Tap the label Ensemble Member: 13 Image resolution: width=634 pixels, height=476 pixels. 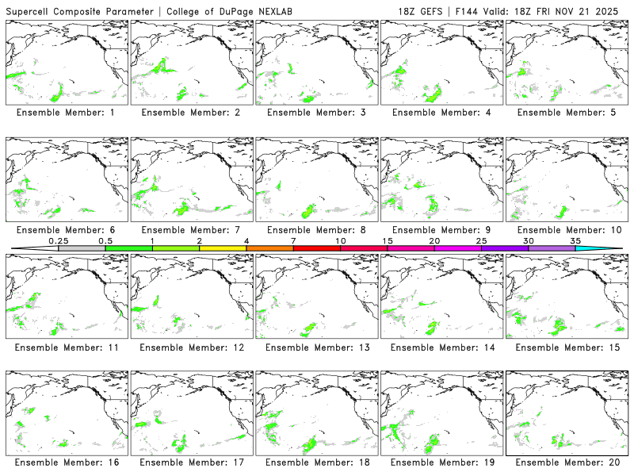[x=318, y=347]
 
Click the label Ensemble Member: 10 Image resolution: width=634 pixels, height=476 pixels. [x=567, y=230]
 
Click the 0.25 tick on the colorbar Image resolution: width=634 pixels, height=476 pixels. [x=59, y=248]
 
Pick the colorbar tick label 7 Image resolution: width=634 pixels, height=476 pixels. [x=293, y=240]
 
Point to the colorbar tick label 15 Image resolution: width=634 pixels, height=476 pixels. [x=387, y=240]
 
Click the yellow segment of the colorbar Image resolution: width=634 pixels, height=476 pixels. [x=223, y=248]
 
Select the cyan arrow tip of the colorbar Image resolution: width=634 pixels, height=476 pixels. [x=610, y=248]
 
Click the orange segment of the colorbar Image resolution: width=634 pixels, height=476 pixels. [x=269, y=248]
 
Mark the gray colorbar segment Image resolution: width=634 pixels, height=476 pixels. [x=82, y=248]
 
